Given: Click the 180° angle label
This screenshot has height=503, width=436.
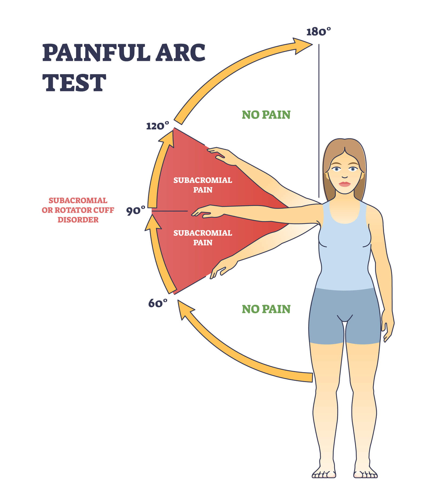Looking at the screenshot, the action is (x=318, y=32).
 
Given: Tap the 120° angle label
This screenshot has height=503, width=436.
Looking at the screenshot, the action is (x=157, y=126).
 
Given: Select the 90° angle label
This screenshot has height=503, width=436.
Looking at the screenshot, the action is (x=136, y=211).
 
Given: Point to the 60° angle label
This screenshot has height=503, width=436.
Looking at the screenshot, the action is (x=158, y=303).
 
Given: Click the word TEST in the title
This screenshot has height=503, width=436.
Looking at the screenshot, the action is (x=74, y=82).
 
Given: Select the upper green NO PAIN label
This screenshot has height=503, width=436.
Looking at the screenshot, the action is (x=266, y=115).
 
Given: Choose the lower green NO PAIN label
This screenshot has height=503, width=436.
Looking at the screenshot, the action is (x=266, y=309).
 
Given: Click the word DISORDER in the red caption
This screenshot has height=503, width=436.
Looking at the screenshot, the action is (x=78, y=220).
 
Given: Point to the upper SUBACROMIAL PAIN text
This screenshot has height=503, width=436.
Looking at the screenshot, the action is (x=203, y=185).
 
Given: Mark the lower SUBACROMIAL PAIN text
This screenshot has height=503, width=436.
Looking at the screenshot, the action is (x=203, y=238).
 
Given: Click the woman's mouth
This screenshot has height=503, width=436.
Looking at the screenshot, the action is (x=344, y=184).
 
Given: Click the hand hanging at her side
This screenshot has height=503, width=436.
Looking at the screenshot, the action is (x=387, y=325).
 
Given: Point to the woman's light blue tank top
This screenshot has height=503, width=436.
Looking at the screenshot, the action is (x=344, y=246).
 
